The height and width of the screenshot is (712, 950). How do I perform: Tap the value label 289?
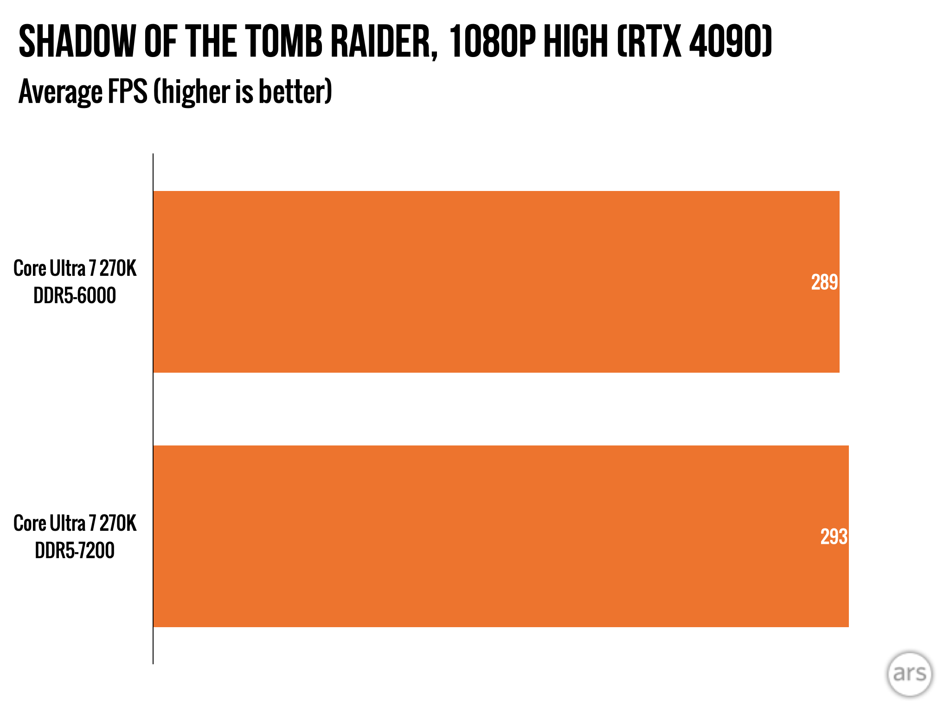(x=824, y=282)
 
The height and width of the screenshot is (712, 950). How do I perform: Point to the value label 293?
(x=834, y=537)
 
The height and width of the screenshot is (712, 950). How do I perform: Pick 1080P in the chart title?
(x=492, y=42)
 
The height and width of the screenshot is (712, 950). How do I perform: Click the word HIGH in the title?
(x=575, y=42)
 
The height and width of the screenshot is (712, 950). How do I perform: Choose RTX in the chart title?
(x=649, y=42)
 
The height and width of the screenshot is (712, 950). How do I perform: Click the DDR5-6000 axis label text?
(x=75, y=296)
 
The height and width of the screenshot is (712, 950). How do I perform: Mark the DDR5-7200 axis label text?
(x=75, y=551)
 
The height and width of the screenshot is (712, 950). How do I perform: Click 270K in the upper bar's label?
(x=118, y=268)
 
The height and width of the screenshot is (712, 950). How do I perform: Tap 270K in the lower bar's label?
(x=118, y=523)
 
